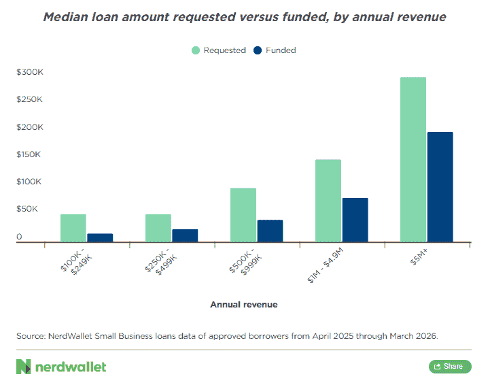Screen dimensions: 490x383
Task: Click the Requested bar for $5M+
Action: pos(413,159)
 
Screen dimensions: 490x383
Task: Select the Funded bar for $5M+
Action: pos(440,187)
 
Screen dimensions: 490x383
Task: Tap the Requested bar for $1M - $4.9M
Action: pos(328,201)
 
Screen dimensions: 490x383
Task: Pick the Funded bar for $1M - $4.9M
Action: pos(355,220)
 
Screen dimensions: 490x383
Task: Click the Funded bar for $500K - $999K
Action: pos(270,231)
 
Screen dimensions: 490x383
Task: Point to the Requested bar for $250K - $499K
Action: pos(158,228)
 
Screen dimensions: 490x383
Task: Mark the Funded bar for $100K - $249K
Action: pos(100,238)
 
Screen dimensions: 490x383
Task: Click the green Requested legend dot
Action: pos(196,50)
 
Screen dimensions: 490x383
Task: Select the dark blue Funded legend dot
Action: pos(258,50)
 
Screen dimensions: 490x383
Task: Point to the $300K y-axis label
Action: pos(30,72)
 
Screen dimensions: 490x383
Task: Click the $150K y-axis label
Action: pos(29,154)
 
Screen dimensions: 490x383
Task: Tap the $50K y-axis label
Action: pos(27,209)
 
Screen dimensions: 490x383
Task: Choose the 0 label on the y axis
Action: pos(19,237)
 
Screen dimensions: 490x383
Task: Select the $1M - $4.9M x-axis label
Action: pos(326,265)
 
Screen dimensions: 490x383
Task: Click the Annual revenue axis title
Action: pos(244,305)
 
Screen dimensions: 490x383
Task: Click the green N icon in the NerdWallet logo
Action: pos(24,367)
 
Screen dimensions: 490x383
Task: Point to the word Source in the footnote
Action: pos(31,336)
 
